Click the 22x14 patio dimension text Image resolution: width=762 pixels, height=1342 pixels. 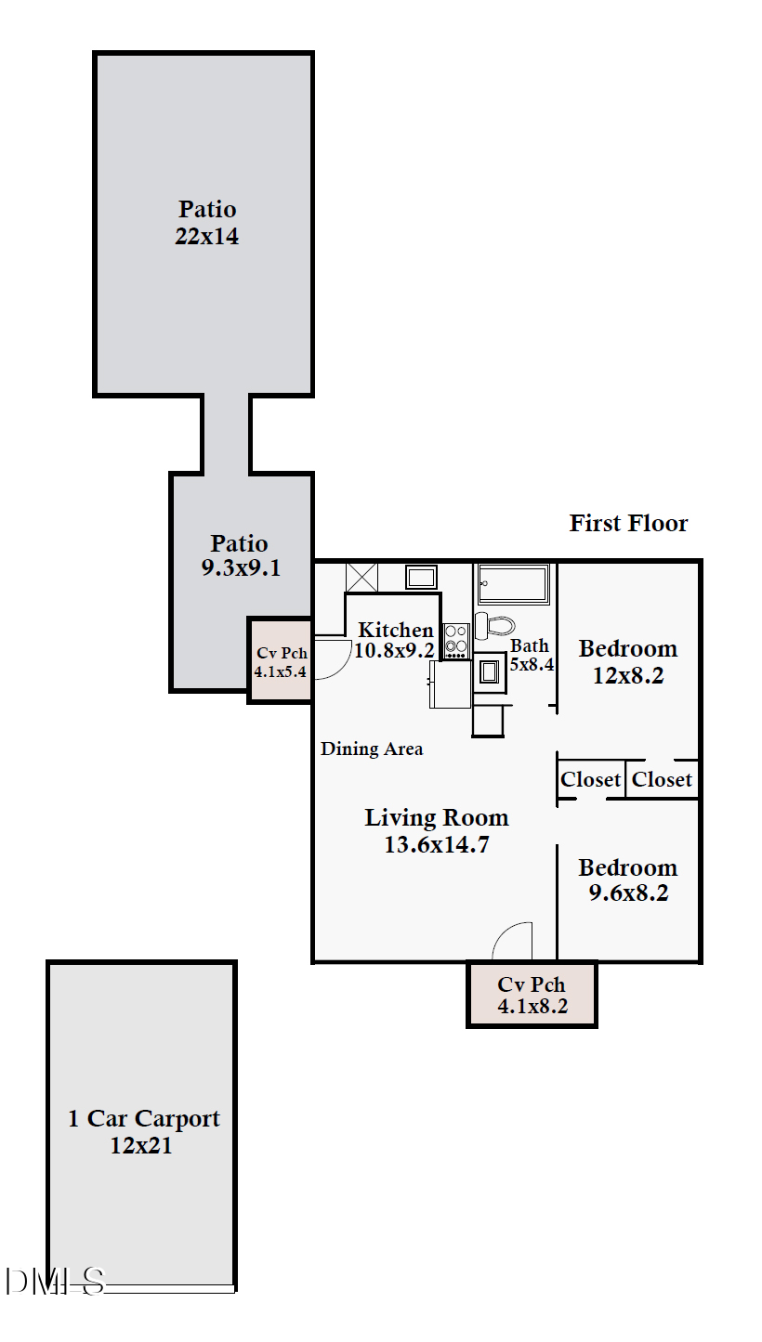pyautogui.click(x=206, y=237)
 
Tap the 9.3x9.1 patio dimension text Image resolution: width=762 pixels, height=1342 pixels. pyautogui.click(x=240, y=568)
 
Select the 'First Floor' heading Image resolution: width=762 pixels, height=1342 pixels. pyautogui.click(x=628, y=523)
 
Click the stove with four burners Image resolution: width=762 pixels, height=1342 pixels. pyautogui.click(x=455, y=640)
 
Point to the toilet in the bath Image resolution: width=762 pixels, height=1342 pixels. pyautogui.click(x=493, y=624)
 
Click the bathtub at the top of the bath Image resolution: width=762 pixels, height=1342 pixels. pyautogui.click(x=514, y=584)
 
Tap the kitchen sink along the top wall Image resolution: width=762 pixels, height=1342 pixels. pyautogui.click(x=421, y=577)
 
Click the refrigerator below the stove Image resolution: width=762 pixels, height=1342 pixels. pyautogui.click(x=451, y=684)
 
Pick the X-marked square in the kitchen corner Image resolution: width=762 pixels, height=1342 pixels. pyautogui.click(x=361, y=577)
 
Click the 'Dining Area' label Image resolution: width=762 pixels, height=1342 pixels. pyautogui.click(x=372, y=749)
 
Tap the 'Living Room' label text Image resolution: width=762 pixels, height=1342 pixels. pyautogui.click(x=436, y=818)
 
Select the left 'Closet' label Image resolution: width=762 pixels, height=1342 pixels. pyautogui.click(x=590, y=779)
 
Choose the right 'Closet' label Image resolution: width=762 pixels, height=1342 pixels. pyautogui.click(x=662, y=779)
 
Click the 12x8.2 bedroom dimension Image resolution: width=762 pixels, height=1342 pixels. pyautogui.click(x=628, y=676)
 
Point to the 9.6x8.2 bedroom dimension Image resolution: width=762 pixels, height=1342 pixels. pyautogui.click(x=628, y=893)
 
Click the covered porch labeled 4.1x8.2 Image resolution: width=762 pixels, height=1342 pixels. pyautogui.click(x=532, y=995)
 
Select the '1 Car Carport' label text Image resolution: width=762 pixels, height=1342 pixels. pyautogui.click(x=143, y=1118)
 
